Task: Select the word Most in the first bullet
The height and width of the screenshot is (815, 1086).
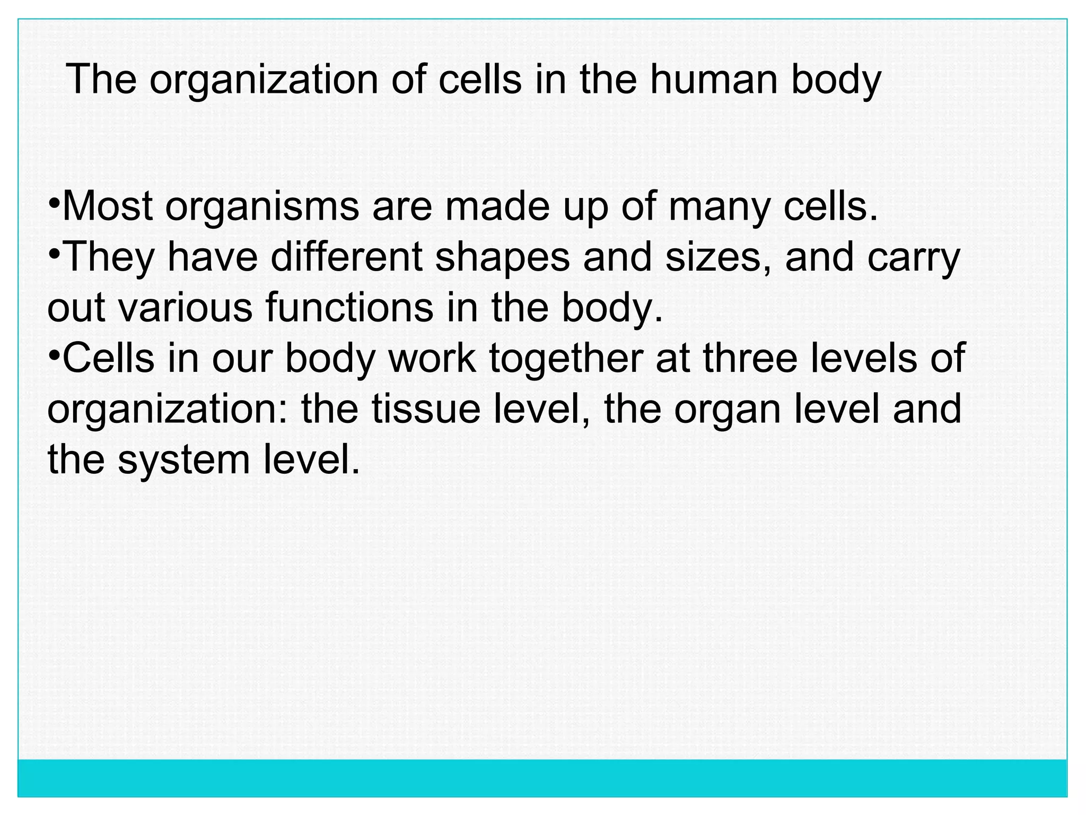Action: tap(108, 207)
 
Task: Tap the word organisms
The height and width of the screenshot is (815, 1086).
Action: tap(262, 208)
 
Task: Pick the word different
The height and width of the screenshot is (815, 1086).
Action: tap(347, 257)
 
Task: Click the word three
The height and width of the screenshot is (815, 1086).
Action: tap(750, 358)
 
